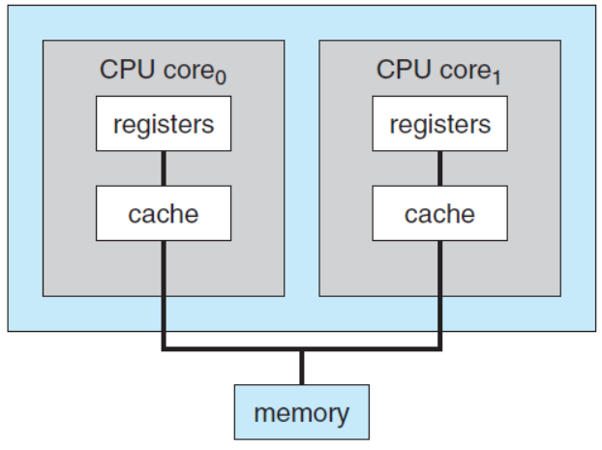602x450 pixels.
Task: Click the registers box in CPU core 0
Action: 163,124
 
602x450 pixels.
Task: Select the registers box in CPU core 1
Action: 439,124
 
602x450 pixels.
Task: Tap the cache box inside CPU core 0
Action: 163,213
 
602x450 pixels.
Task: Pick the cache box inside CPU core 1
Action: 439,213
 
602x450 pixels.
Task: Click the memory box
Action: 301,413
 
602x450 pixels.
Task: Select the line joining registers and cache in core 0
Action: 163,168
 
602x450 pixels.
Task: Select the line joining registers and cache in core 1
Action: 439,168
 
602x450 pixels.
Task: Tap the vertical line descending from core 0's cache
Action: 163,290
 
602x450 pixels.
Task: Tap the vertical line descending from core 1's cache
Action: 439,290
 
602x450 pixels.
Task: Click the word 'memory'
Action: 301,413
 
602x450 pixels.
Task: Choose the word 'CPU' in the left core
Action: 123,70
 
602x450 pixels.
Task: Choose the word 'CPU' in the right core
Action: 400,70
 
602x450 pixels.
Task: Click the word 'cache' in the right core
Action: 439,213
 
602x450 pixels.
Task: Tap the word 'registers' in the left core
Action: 163,124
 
